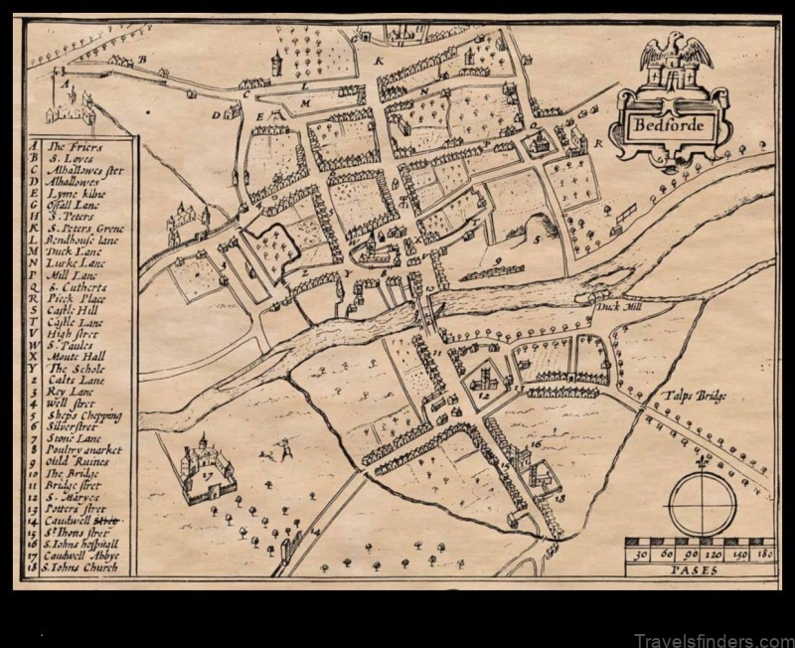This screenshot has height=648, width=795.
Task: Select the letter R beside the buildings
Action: point(599,143)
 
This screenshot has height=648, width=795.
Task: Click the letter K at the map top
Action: point(379,61)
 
